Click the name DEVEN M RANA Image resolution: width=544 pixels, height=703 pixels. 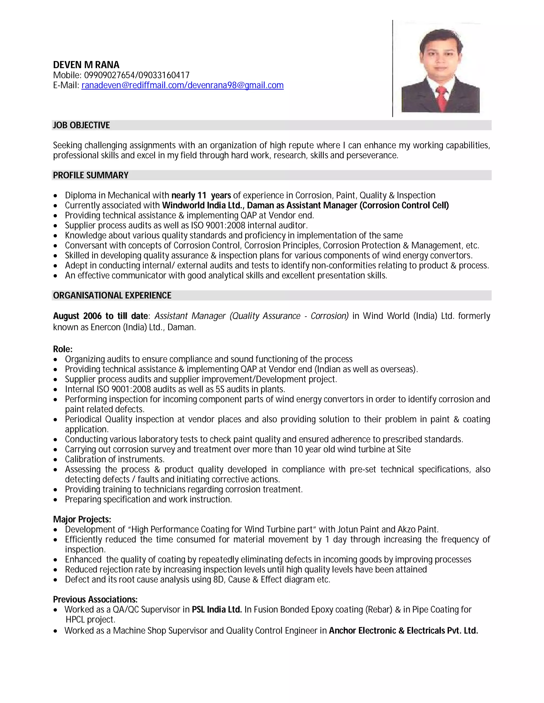coord(86,65)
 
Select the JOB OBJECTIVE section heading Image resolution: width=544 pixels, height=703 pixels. coord(81,125)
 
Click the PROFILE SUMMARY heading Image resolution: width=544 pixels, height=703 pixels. coord(91,175)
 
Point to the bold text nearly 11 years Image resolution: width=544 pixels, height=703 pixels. coord(201,196)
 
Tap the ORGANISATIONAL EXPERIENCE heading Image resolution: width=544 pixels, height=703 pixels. coord(112,296)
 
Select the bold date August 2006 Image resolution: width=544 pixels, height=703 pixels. coord(77,316)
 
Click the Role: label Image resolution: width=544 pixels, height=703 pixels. coord(62,349)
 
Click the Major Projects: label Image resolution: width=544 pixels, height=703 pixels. coord(82,519)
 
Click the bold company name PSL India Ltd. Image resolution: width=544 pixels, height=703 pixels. coord(216,610)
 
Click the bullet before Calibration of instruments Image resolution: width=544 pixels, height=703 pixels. coord(56,460)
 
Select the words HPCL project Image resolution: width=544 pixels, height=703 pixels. coord(90,620)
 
